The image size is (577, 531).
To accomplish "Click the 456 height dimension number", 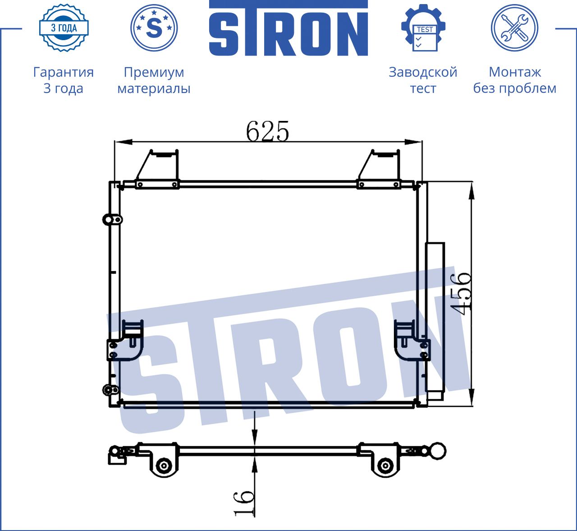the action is tap(460, 293).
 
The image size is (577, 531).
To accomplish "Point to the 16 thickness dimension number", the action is tap(243, 503).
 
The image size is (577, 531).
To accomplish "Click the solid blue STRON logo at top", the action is tap(288, 28).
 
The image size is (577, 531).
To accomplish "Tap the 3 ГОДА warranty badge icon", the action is tap(64, 28).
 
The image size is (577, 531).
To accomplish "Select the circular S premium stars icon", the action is tap(154, 28).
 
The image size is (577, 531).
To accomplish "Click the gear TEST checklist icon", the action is tap(423, 28).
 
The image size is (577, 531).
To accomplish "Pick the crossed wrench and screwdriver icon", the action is tap(515, 28).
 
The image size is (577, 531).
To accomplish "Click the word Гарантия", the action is tap(64, 72).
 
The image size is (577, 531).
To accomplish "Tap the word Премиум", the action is tap(154, 72).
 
